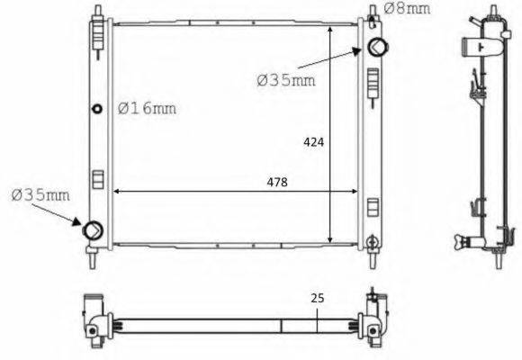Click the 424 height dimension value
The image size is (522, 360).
[x=313, y=142]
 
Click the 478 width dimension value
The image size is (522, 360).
[x=277, y=183]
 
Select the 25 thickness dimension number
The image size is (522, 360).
[x=318, y=298]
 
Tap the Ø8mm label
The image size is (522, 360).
[x=407, y=8]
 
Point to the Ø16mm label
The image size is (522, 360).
[x=147, y=108]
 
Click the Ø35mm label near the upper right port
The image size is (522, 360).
[x=286, y=80]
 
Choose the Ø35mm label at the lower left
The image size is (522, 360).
[x=40, y=194]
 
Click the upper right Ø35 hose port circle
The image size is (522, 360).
[x=377, y=47]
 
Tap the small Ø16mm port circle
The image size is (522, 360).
[x=97, y=109]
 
